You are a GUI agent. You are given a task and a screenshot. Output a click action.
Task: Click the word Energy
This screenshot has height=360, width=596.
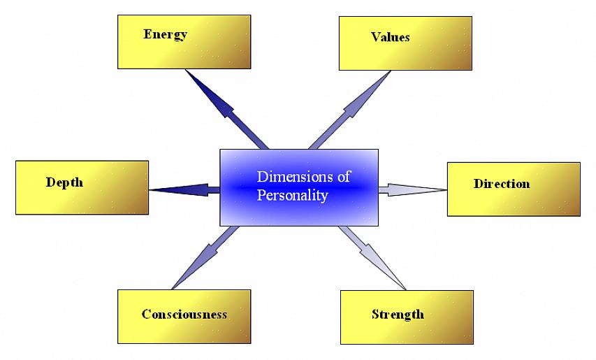coord(165,34)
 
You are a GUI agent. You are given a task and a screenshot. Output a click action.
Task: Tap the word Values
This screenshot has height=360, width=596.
coord(390,37)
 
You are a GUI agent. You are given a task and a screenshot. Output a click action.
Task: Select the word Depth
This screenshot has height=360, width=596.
coord(64,182)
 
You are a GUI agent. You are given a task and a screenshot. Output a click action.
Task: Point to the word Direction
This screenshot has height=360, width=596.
coord(501,185)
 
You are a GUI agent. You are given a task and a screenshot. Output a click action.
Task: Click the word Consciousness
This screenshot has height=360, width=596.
coord(184,314)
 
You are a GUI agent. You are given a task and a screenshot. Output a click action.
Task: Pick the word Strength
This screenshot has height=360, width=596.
coord(398,314)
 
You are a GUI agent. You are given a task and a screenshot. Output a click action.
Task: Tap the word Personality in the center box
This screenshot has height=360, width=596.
coord(292,195)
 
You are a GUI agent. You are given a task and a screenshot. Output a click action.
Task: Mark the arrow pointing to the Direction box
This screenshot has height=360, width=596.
coord(412,189)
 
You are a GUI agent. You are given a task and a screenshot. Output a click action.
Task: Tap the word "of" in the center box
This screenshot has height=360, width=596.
coord(343,177)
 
